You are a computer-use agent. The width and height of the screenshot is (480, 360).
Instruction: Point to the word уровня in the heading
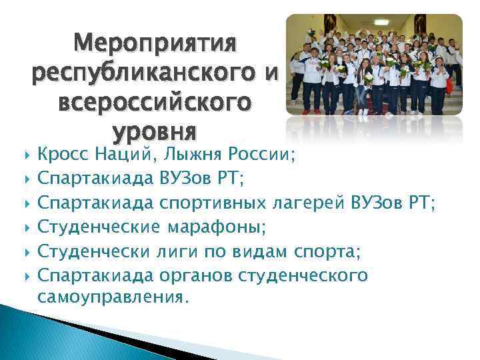coord(155,132)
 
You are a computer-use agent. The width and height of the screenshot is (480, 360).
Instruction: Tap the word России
coord(262,155)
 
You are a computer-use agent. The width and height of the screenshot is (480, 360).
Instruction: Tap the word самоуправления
coord(109,298)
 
